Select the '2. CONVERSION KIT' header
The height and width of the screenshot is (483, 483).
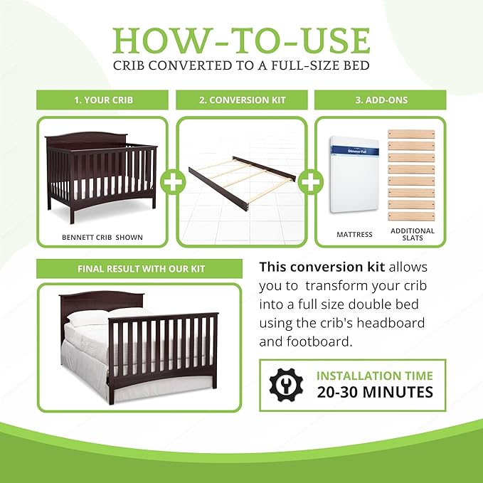242,100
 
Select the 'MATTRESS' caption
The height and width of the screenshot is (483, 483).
354,234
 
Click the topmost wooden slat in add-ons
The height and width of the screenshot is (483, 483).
411,134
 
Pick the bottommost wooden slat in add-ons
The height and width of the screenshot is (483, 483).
411,216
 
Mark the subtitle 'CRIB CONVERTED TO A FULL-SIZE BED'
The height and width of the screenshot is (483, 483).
241,66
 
